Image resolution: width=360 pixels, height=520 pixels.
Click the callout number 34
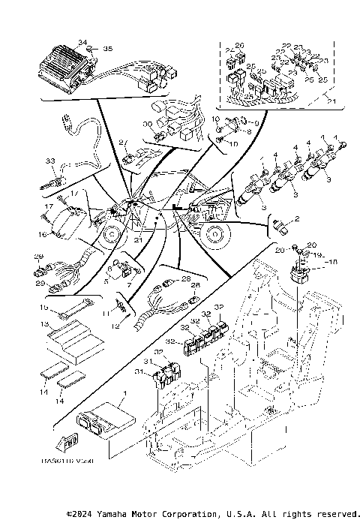pos(82,41)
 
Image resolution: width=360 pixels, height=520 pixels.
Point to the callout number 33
pos(50,161)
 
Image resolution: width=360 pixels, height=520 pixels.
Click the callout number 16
pos(43,235)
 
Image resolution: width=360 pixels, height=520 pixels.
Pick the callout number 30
pos(147,124)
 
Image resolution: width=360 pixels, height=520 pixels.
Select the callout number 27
pos(122,142)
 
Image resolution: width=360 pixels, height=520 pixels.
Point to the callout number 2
pos(296,218)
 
